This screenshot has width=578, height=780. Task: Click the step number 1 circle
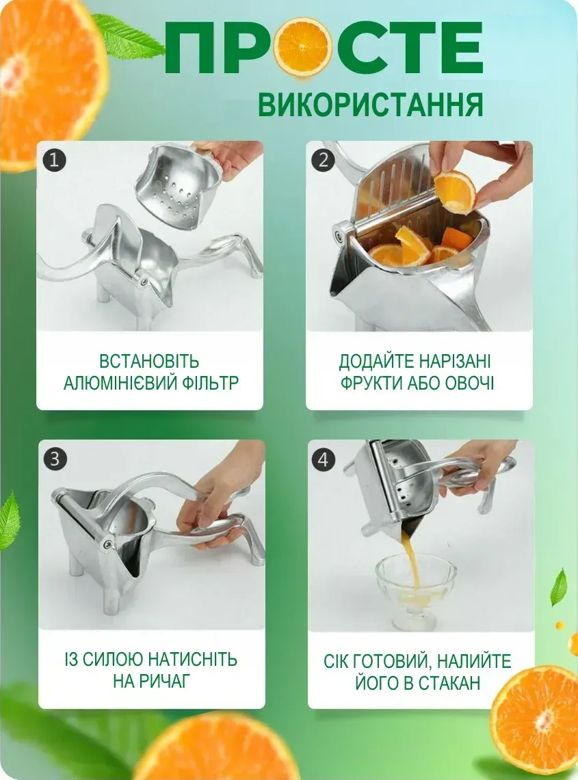(x=54, y=160)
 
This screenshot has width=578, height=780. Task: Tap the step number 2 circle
(x=324, y=160)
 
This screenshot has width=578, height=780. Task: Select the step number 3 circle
(x=55, y=458)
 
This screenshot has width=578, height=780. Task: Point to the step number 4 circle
(x=323, y=459)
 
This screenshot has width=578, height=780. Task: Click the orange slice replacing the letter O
(x=304, y=46)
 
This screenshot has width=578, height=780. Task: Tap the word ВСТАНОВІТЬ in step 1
(x=149, y=361)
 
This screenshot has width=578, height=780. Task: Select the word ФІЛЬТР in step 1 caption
(x=209, y=383)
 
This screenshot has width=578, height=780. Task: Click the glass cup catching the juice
(x=415, y=591)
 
